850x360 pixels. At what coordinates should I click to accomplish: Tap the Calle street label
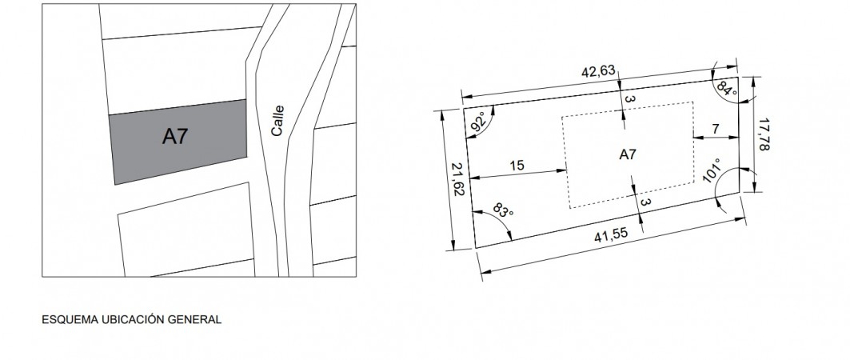(x=277, y=120)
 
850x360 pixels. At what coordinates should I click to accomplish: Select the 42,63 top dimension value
(x=598, y=71)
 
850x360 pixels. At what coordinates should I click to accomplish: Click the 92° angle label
(x=479, y=122)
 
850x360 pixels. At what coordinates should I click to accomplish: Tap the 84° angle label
(x=726, y=88)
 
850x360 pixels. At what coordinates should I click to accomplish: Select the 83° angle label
(x=502, y=210)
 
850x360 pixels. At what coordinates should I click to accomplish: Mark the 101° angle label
(x=712, y=171)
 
